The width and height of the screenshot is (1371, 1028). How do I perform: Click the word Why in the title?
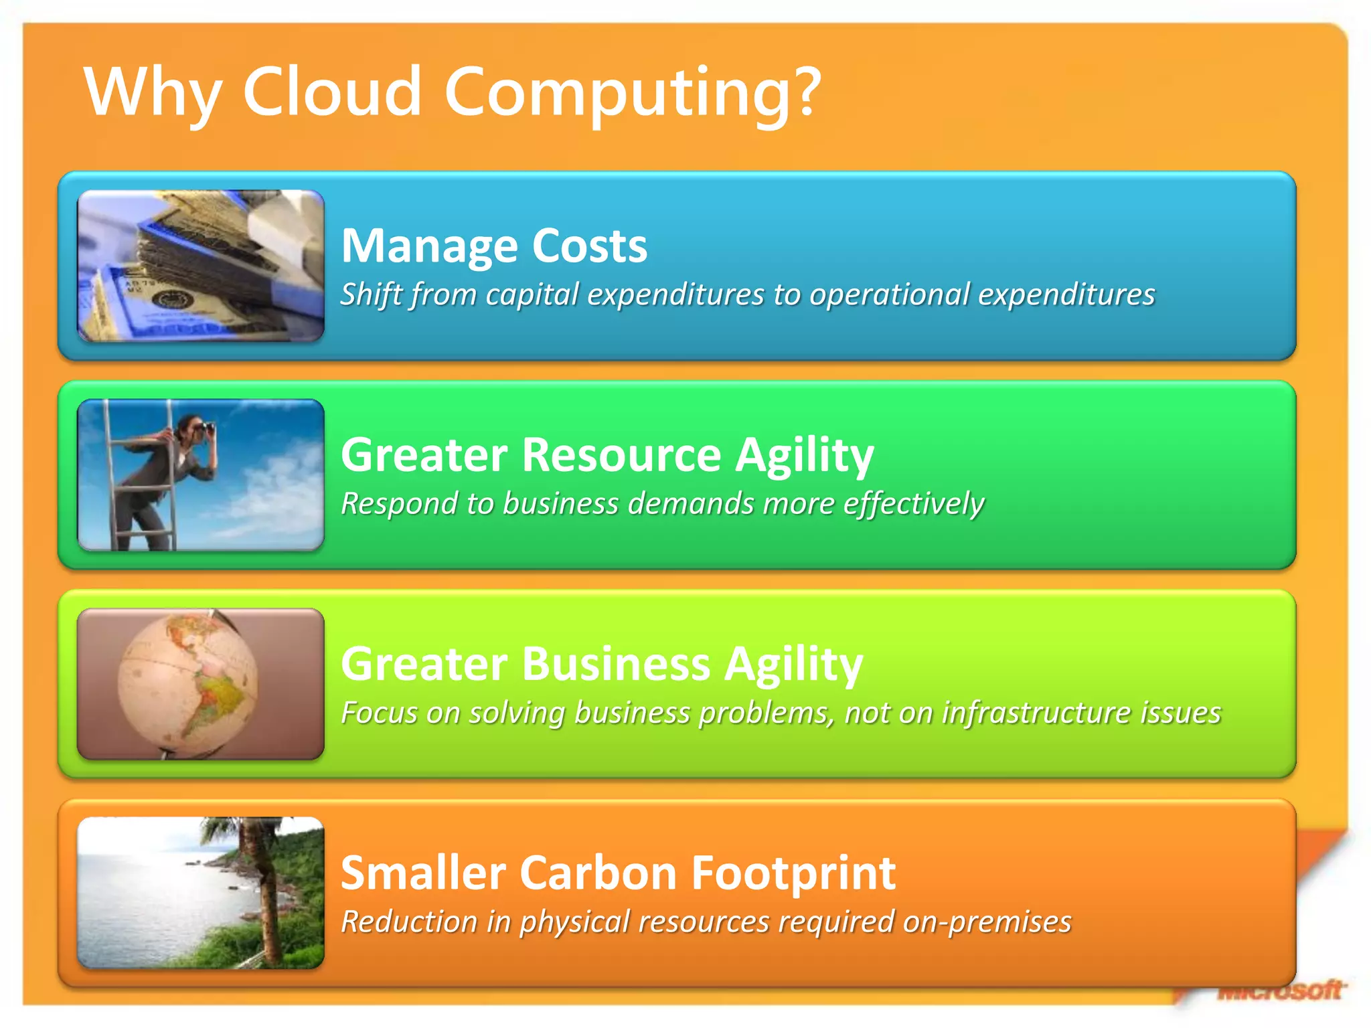pos(153,92)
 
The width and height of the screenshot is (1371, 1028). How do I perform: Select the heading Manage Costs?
pos(494,246)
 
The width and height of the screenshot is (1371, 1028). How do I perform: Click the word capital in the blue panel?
pos(532,294)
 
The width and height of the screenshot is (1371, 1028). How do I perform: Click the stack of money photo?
pos(201,266)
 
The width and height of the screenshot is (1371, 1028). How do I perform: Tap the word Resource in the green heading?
pos(621,455)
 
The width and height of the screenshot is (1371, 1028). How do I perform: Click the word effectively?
pos(913,503)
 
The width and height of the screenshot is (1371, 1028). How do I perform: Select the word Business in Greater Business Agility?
pos(615,664)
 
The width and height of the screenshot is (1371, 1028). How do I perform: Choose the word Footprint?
pos(793,873)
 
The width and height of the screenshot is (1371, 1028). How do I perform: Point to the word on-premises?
pos(987,922)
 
